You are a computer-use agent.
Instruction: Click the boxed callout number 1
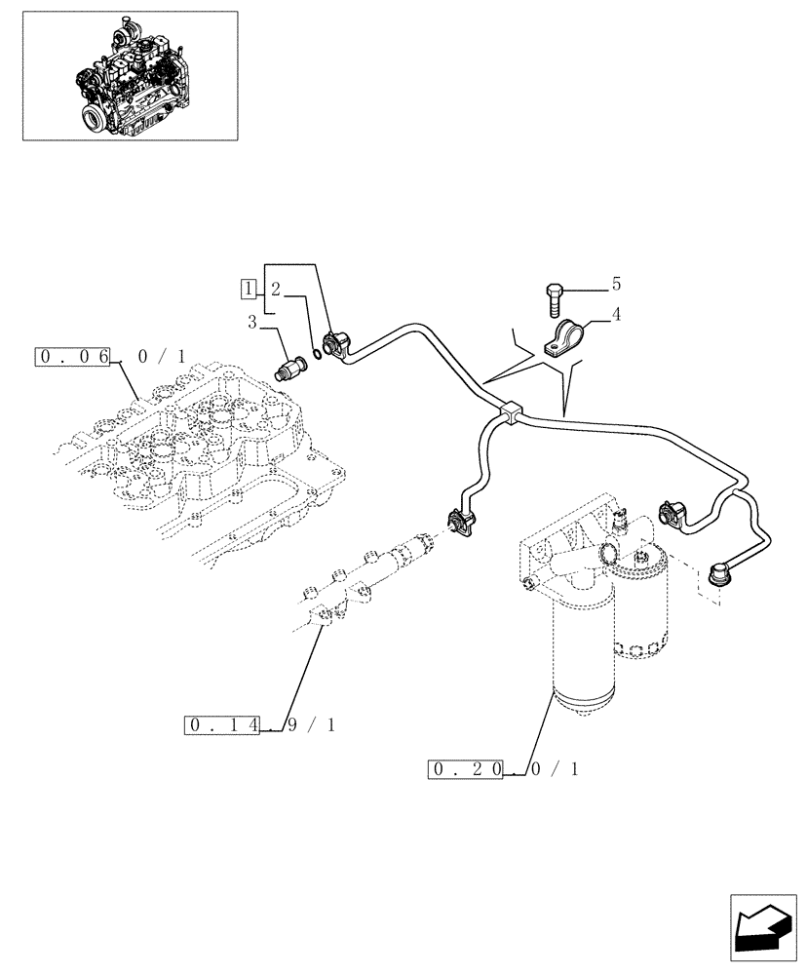[x=250, y=289]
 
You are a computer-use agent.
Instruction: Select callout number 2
[x=276, y=289]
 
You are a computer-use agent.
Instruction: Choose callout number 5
[x=615, y=284]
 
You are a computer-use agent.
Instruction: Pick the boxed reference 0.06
[x=74, y=357]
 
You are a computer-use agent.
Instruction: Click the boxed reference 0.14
[x=221, y=724]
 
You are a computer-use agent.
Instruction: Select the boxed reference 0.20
[x=466, y=768]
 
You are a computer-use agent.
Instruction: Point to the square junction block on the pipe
[x=507, y=414]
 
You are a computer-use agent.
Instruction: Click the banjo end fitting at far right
[x=725, y=571]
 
